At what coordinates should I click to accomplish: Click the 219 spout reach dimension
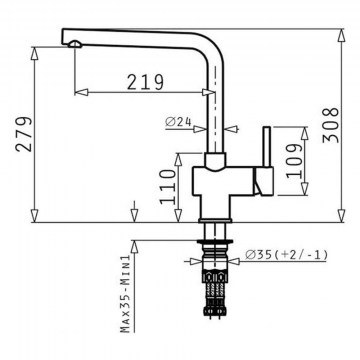tap(145, 82)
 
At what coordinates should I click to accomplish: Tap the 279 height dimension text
tap(24, 134)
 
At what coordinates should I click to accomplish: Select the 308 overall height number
tap(331, 125)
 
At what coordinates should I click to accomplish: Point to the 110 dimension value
tap(167, 187)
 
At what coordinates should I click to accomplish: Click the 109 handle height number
tap(295, 161)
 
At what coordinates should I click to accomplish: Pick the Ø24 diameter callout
tap(178, 122)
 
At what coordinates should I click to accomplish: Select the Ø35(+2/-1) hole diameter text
tap(286, 255)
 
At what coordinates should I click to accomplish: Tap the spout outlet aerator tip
tap(75, 44)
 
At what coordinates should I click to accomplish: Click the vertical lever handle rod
tap(267, 146)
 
